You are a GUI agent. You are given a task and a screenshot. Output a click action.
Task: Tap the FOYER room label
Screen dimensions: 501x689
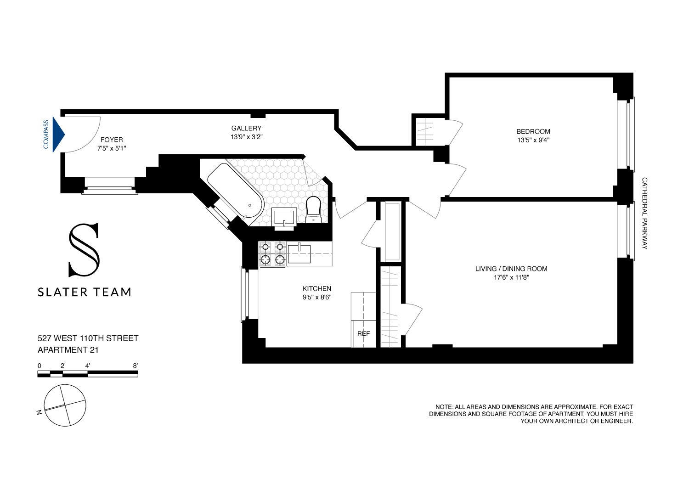pyautogui.click(x=112, y=140)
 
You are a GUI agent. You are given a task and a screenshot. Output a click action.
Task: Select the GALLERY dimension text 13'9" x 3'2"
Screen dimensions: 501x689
pyautogui.click(x=247, y=137)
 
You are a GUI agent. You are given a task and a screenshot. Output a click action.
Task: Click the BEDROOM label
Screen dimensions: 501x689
pyautogui.click(x=533, y=131)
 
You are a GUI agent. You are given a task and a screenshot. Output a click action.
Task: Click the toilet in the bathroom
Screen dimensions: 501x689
pyautogui.click(x=314, y=208)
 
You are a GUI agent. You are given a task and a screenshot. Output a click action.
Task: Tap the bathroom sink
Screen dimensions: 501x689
pyautogui.click(x=285, y=217)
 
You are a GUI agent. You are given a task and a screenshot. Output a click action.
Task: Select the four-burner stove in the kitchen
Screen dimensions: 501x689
pyautogui.click(x=273, y=253)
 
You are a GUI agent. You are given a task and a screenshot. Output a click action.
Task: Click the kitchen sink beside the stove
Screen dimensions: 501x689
pyautogui.click(x=299, y=253)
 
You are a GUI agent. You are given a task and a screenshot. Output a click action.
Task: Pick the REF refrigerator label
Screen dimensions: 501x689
pyautogui.click(x=363, y=333)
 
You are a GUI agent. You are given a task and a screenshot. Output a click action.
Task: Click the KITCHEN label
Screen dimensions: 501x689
pyautogui.click(x=317, y=288)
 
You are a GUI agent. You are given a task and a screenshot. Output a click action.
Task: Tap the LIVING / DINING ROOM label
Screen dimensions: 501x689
pyautogui.click(x=511, y=269)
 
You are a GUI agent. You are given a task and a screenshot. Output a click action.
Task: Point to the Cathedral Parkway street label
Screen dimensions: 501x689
pyautogui.click(x=644, y=214)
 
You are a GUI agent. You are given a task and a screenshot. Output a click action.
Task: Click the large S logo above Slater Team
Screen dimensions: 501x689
pyautogui.click(x=84, y=250)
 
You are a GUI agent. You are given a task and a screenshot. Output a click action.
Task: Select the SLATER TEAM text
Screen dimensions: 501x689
pyautogui.click(x=85, y=292)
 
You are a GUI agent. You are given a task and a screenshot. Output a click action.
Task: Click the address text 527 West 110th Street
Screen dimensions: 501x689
pyautogui.click(x=88, y=338)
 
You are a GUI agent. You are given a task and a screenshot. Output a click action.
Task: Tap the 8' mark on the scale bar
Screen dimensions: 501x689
pyautogui.click(x=135, y=366)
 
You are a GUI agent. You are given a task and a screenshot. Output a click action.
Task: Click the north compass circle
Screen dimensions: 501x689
pyautogui.click(x=66, y=405)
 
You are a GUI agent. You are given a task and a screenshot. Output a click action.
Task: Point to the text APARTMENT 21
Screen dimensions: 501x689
pyautogui.click(x=68, y=350)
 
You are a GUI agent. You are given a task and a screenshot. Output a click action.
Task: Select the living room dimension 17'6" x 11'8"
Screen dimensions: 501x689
pyautogui.click(x=511, y=277)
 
